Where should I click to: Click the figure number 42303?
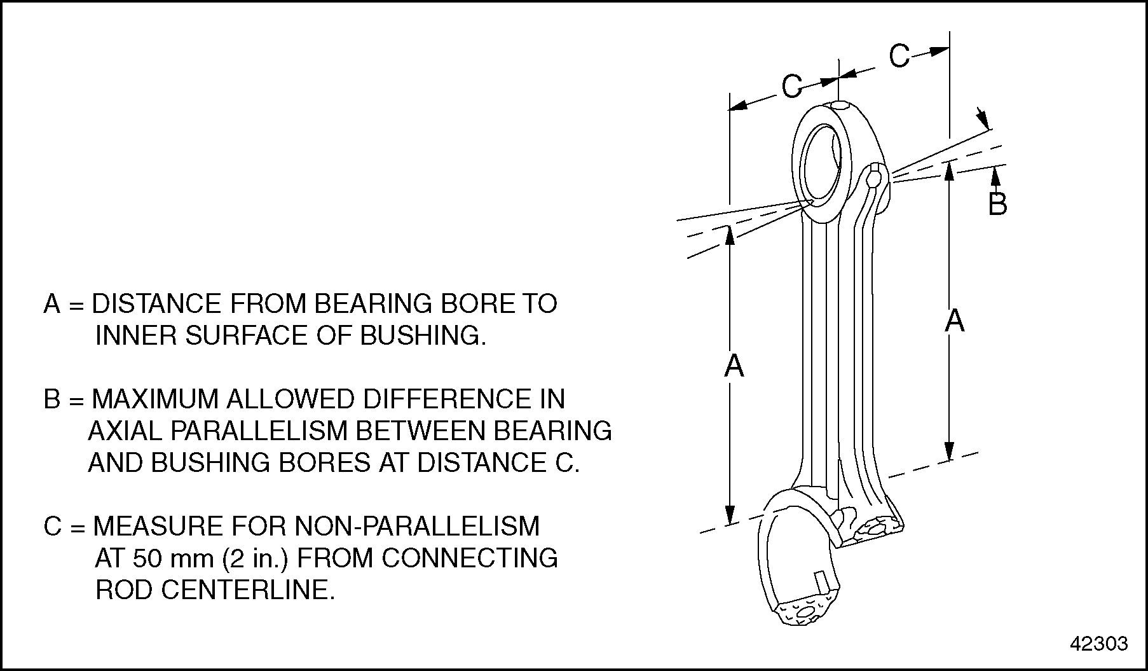[x=1099, y=644]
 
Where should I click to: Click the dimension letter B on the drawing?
[x=997, y=204]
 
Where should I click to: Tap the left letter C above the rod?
[x=791, y=86]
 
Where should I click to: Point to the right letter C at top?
[x=899, y=56]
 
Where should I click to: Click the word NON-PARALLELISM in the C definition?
[x=417, y=526]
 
